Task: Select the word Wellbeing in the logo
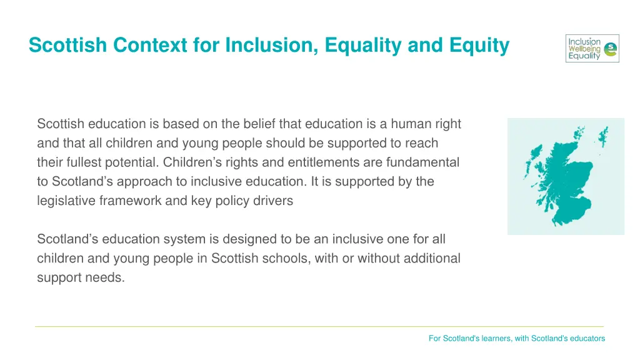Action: [x=584, y=49]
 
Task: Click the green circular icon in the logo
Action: [x=611, y=49]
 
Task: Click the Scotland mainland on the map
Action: [x=562, y=181]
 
